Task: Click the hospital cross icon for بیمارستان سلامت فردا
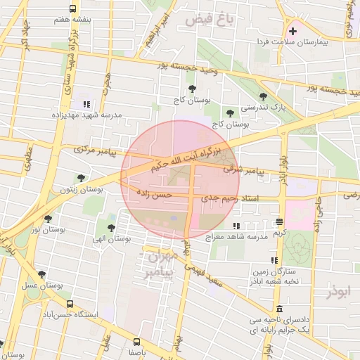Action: (x=292, y=31)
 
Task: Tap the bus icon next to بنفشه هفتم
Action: (x=74, y=8)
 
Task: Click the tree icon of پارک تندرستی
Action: (x=263, y=96)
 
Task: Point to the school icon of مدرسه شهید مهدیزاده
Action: (x=86, y=103)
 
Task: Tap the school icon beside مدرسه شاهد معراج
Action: (x=236, y=226)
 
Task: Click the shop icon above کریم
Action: (x=280, y=221)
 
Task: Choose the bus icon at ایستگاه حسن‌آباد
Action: (x=70, y=304)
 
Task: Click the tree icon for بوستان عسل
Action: (x=41, y=274)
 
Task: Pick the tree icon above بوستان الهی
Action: (x=111, y=227)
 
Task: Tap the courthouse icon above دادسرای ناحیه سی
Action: (x=280, y=309)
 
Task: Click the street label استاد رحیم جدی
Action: (x=231, y=199)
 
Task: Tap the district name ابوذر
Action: (x=336, y=289)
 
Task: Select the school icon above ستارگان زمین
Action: (x=254, y=259)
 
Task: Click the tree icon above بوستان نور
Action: (x=48, y=219)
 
